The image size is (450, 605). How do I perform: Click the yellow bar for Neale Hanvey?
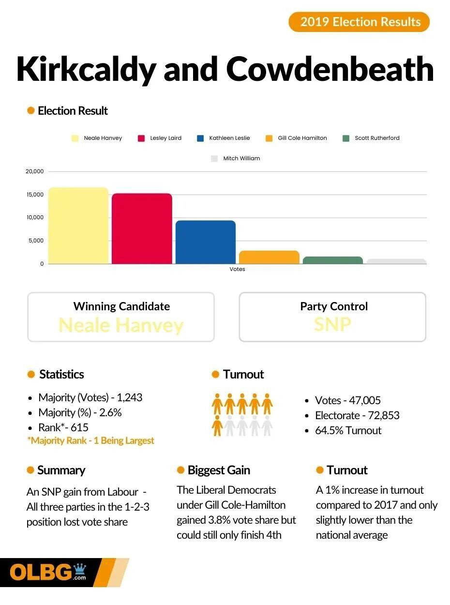[x=78, y=226]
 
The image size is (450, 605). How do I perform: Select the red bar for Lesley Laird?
[x=142, y=228]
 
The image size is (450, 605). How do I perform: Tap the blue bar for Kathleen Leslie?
[x=206, y=242]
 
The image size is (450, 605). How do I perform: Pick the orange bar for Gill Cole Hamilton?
[x=269, y=257]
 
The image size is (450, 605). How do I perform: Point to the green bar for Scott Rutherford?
[x=333, y=260]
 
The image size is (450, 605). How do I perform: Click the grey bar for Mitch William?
[x=396, y=261]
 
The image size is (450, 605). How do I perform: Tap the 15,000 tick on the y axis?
[x=34, y=195]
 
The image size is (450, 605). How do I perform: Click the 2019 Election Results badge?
[x=359, y=22]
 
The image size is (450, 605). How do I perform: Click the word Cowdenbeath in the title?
[x=330, y=69]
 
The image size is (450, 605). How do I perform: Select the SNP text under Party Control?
[x=332, y=324]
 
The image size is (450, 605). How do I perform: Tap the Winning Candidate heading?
[x=121, y=306]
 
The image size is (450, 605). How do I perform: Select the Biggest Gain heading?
[x=219, y=470]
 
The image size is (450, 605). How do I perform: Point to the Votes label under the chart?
[x=237, y=269]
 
